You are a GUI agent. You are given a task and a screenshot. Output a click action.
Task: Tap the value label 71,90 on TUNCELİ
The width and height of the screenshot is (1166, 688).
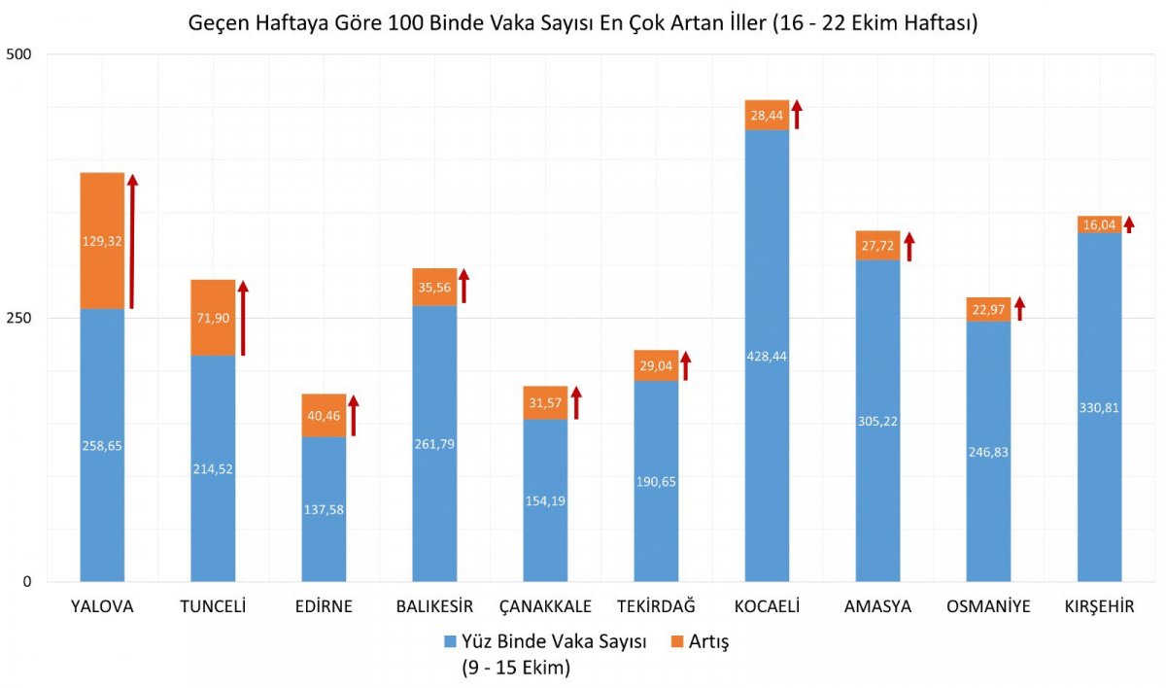pos(213,318)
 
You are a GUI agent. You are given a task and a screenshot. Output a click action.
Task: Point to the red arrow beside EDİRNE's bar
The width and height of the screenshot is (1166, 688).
pos(354,416)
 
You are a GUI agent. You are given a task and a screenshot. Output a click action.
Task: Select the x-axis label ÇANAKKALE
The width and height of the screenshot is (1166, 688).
pos(545,606)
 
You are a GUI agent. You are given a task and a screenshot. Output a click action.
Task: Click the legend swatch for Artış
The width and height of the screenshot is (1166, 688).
pos(677,642)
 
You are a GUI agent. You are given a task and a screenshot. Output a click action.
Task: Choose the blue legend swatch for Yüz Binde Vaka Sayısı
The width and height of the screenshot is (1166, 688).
pos(449,642)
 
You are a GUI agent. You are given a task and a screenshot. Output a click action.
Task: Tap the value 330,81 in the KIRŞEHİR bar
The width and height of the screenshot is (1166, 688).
pos(1099,407)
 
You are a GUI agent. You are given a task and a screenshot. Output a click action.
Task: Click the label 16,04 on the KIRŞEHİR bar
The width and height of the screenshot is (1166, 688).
pos(1099,225)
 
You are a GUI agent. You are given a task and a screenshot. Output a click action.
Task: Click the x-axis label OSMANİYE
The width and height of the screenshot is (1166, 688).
pos(988,606)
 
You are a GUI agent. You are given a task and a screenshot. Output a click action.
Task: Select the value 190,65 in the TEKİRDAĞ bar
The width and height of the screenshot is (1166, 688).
pos(656,453)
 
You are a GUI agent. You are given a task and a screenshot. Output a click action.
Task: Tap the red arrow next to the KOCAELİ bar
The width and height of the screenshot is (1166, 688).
pos(797,114)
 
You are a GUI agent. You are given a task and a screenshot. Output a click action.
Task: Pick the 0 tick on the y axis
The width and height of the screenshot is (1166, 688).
pos(27,581)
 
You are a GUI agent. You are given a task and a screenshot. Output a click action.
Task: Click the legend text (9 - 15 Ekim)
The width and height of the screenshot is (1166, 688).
pos(515,668)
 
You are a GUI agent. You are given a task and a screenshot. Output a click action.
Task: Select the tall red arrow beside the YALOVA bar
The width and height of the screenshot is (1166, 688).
pos(132,242)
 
